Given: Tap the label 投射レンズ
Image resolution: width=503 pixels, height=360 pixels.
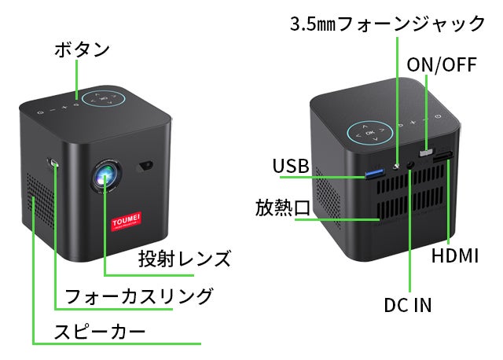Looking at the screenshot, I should point(185,258).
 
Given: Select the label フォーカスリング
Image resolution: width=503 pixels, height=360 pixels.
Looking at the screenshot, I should point(138,296).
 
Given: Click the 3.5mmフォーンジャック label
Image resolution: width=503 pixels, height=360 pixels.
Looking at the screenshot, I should point(387,24).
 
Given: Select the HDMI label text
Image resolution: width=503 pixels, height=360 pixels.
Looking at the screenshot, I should point(455,256).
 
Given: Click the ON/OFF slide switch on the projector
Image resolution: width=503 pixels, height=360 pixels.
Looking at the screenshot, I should point(428,149).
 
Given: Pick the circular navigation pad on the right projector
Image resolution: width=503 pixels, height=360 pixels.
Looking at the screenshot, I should point(369,132).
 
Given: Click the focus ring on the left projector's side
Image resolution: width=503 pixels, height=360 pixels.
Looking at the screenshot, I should point(53,163).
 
